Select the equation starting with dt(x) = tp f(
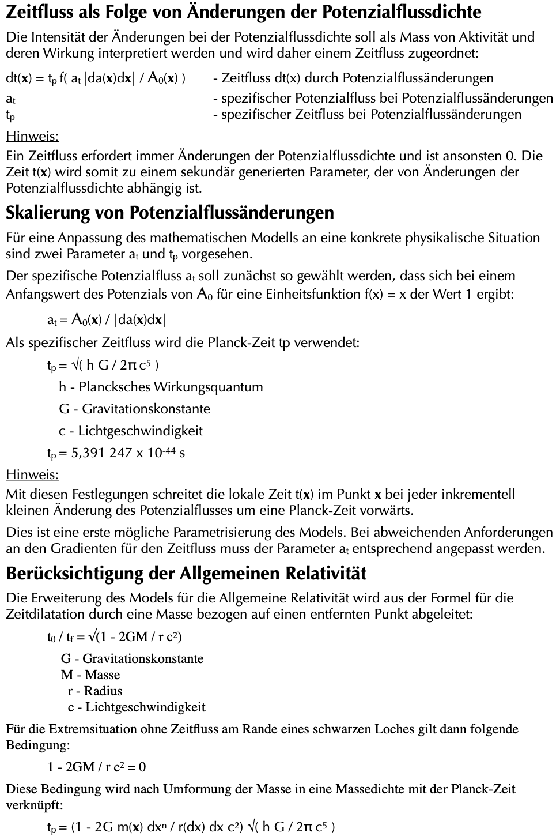[x=96, y=78]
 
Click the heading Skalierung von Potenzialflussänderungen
[x=170, y=213]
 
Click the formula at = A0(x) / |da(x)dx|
[x=107, y=320]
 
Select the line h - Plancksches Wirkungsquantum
[x=161, y=387]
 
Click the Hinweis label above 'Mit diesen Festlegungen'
[x=32, y=475]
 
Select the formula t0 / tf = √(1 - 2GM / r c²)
[x=115, y=637]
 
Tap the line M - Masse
[x=90, y=675]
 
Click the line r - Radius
[x=94, y=691]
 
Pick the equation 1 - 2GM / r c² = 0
[x=96, y=767]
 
